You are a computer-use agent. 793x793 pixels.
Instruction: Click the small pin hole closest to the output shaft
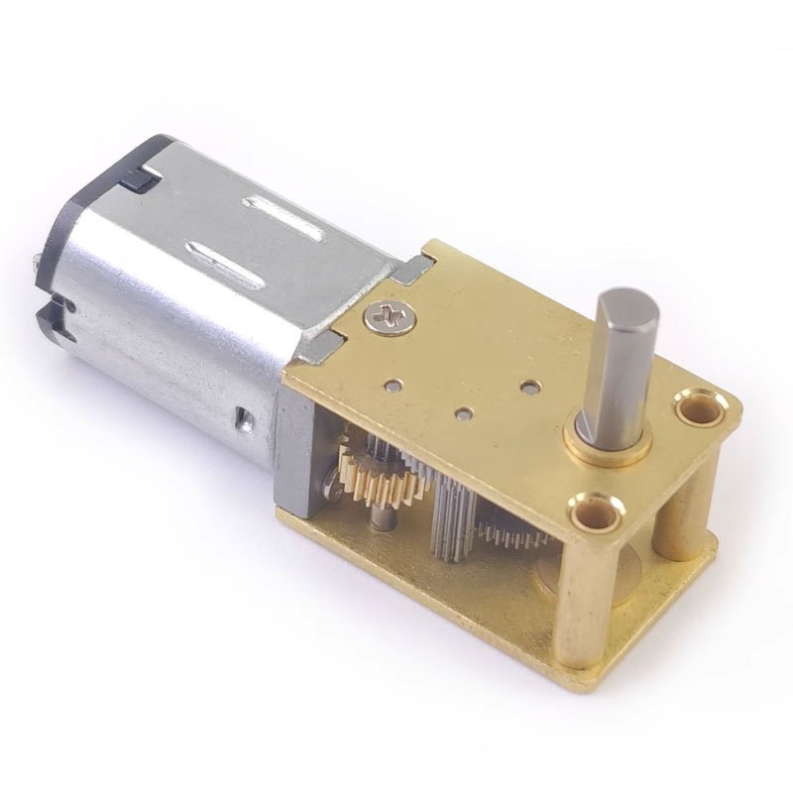coord(533,380)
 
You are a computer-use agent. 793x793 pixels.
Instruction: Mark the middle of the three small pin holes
coord(463,408)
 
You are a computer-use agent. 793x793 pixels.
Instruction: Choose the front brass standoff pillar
coord(580,595)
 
